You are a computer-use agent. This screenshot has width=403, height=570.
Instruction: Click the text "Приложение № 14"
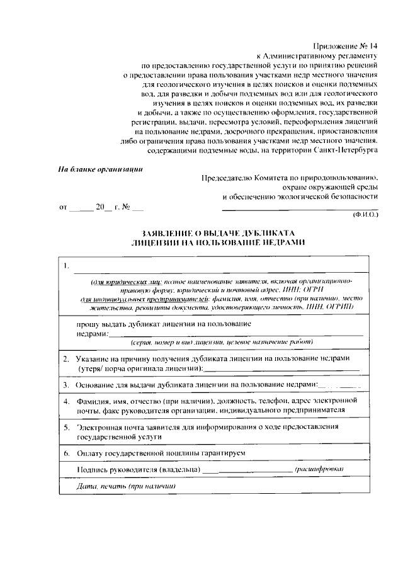[x=346, y=45]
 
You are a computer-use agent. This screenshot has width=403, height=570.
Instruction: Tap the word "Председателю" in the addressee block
[x=227, y=178]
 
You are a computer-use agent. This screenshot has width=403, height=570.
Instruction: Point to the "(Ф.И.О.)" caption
[x=365, y=215]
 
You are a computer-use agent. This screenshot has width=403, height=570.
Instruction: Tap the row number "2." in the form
[x=65, y=358]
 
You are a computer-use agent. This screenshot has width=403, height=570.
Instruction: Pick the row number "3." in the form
[x=65, y=384]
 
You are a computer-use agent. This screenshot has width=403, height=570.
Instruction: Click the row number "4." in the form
[x=65, y=400]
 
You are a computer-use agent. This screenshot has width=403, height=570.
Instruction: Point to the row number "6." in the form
[x=65, y=453]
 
